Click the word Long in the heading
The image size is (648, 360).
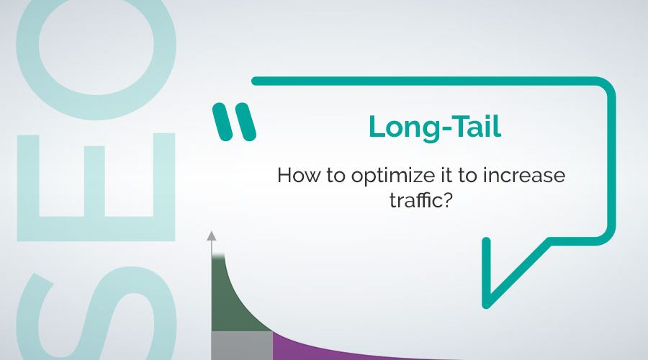397,127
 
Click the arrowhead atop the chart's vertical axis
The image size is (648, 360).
211,235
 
